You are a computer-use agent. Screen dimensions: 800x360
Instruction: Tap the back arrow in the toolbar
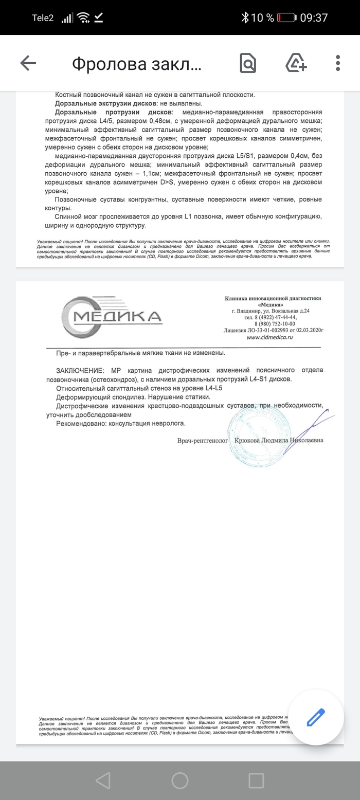[x=28, y=63]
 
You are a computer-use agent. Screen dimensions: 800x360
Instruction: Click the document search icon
[x=248, y=63]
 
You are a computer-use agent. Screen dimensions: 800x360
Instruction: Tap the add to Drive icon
[x=296, y=63]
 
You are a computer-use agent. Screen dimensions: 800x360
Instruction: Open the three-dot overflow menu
[x=338, y=63]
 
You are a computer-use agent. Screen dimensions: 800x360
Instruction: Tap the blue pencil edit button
[x=316, y=717]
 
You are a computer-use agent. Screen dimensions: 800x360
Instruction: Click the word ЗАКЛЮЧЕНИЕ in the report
[x=80, y=370]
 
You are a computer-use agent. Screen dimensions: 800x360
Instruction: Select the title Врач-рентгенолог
[x=202, y=441]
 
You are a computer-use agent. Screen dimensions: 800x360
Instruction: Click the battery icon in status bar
[x=286, y=17]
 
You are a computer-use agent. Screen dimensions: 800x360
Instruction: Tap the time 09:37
[x=314, y=17]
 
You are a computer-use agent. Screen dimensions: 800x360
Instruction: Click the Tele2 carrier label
[x=43, y=17]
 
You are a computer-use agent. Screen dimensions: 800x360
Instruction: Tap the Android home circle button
[x=180, y=780]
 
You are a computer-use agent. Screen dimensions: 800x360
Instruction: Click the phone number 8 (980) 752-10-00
[x=275, y=324]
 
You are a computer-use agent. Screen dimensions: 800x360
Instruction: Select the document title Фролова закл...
[x=137, y=64]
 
